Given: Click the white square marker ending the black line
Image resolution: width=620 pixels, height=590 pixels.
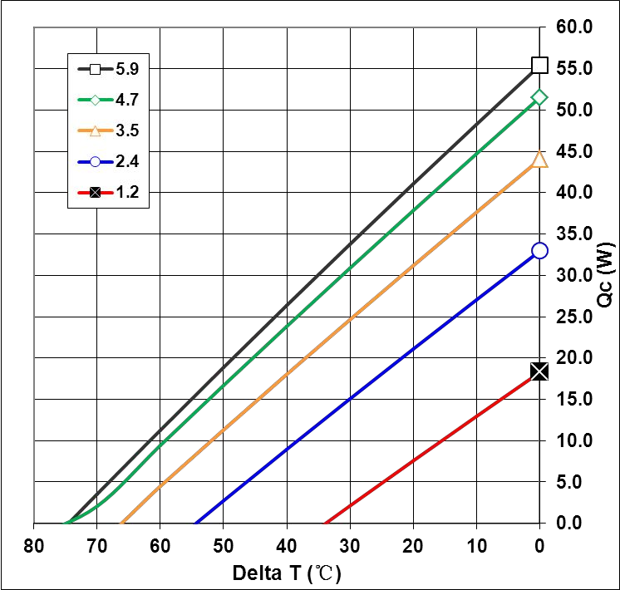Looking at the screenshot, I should coord(539,65).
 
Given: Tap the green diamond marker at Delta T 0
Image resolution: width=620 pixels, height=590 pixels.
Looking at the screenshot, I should coord(539,97).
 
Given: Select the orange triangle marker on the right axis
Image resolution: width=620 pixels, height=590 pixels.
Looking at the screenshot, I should coord(539,158).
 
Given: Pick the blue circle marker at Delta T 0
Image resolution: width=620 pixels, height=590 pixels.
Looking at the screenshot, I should coord(539,250).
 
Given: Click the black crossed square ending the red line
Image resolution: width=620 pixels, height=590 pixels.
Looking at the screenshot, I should coord(539,371).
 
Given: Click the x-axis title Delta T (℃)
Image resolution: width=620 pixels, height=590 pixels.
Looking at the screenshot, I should coord(287,573).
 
